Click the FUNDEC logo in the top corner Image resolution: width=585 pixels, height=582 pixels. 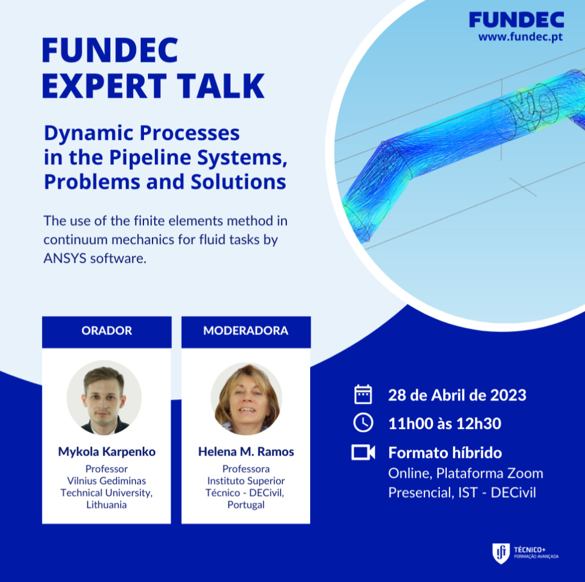coord(516,20)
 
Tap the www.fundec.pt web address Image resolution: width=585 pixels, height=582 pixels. coord(520,37)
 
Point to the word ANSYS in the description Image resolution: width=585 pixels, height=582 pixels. coord(65,258)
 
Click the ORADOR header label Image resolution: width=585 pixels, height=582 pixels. coord(107,331)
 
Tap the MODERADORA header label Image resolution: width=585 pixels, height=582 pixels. coord(246,331)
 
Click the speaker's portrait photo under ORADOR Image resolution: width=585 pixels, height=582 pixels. coord(104,398)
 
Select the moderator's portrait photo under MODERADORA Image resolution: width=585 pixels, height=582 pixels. coord(246,399)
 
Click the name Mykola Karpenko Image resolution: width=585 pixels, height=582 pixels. coord(107,452)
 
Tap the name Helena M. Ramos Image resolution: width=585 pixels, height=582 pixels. coord(246,452)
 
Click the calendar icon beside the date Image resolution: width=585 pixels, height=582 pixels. coord(363,394)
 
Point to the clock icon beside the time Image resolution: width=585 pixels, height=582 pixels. coord(363,423)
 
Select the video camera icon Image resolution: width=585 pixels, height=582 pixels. coord(363,452)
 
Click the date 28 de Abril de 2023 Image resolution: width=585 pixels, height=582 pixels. coord(457,395)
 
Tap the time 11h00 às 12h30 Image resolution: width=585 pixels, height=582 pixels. coord(444,423)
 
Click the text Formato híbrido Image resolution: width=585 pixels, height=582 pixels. coord(445,452)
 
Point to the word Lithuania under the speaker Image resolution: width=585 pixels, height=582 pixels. coord(107,505)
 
